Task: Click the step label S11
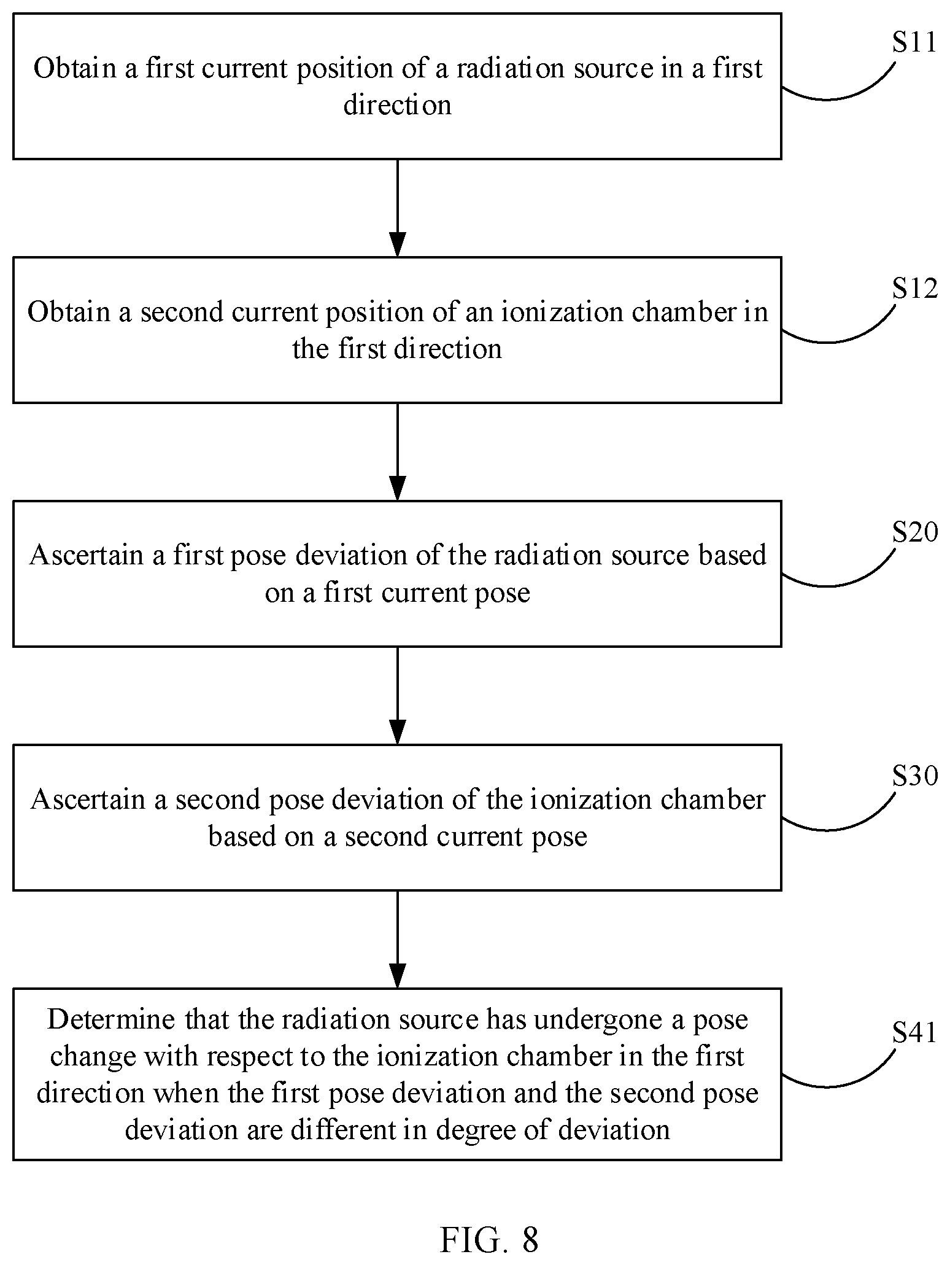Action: click(914, 42)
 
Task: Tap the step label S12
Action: click(914, 288)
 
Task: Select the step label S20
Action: click(914, 532)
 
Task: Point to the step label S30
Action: click(914, 776)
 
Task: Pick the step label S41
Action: click(914, 1032)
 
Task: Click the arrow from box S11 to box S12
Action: click(398, 208)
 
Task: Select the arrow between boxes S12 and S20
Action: click(398, 452)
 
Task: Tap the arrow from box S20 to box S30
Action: click(398, 696)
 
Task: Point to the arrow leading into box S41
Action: click(398, 940)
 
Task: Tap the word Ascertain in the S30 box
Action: click(88, 800)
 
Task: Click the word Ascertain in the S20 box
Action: click(87, 555)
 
